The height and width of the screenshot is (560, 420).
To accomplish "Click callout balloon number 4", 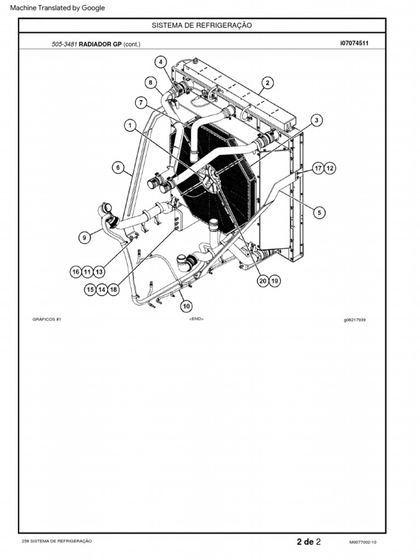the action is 161,62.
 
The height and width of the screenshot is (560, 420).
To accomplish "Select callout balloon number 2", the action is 267,83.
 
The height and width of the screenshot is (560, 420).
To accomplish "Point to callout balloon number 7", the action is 141,102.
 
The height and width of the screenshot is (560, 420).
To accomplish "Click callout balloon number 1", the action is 130,126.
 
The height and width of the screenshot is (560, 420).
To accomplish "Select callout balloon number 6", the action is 118,168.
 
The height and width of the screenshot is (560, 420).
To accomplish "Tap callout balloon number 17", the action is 318,168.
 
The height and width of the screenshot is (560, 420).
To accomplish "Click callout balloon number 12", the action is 330,168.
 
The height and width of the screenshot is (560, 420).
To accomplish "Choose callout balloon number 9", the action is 85,237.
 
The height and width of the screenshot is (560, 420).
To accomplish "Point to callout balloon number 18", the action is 113,290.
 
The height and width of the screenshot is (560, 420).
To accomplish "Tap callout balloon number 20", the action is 263,281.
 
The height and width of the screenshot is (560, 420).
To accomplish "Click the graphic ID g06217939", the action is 354,320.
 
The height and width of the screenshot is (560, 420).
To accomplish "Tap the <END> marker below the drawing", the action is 196,319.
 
